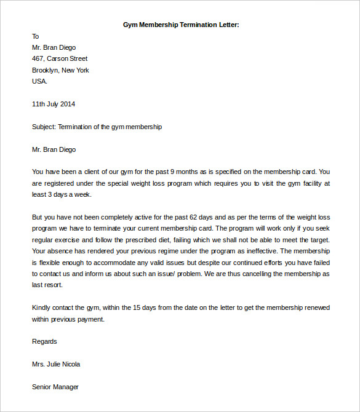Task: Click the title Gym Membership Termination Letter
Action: [x=181, y=25]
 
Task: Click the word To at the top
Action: [x=36, y=36]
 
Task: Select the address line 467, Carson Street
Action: [x=60, y=59]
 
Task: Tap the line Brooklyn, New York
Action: [x=60, y=70]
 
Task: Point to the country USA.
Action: [x=39, y=81]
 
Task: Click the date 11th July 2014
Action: [x=54, y=104]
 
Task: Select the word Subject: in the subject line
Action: [x=44, y=127]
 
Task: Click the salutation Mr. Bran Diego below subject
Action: [x=54, y=149]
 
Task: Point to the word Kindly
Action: [x=42, y=307]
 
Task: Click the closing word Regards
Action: [x=44, y=341]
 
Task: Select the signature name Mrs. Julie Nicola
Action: [x=56, y=364]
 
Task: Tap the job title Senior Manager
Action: [x=55, y=387]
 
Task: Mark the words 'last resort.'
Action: [x=47, y=285]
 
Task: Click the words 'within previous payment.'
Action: [x=68, y=319]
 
